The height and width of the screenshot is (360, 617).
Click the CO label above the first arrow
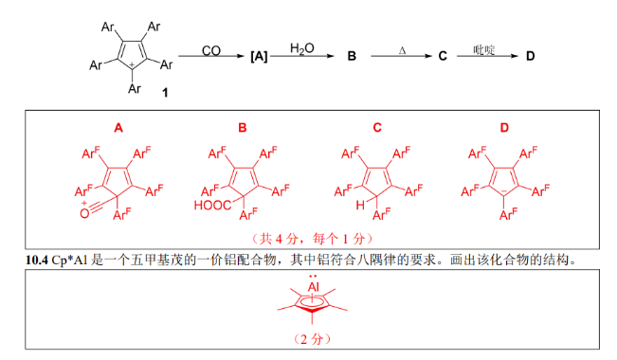[211, 50]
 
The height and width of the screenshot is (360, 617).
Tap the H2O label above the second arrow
[301, 48]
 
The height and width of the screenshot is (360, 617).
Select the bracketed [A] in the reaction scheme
[259, 56]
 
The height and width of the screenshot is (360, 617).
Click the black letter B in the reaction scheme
[352, 56]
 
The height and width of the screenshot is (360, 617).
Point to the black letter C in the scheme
[443, 56]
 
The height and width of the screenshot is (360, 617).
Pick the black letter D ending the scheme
[531, 56]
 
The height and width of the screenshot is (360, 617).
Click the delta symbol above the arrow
[402, 50]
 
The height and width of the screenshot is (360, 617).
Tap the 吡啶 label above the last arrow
[483, 49]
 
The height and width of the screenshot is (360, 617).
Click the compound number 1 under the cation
[165, 93]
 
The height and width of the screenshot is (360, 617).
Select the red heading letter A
[118, 128]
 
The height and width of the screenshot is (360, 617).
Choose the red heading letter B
[243, 128]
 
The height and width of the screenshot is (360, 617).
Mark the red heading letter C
[377, 128]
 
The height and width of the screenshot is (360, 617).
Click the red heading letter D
[504, 128]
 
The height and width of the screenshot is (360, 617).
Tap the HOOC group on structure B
[212, 205]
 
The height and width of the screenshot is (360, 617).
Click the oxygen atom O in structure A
[84, 213]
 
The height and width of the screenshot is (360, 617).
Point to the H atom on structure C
[360, 205]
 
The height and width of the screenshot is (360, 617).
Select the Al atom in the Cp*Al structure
[313, 286]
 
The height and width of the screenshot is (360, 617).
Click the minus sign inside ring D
[504, 191]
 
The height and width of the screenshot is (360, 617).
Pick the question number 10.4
[37, 261]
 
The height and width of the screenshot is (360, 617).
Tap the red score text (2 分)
[313, 339]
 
